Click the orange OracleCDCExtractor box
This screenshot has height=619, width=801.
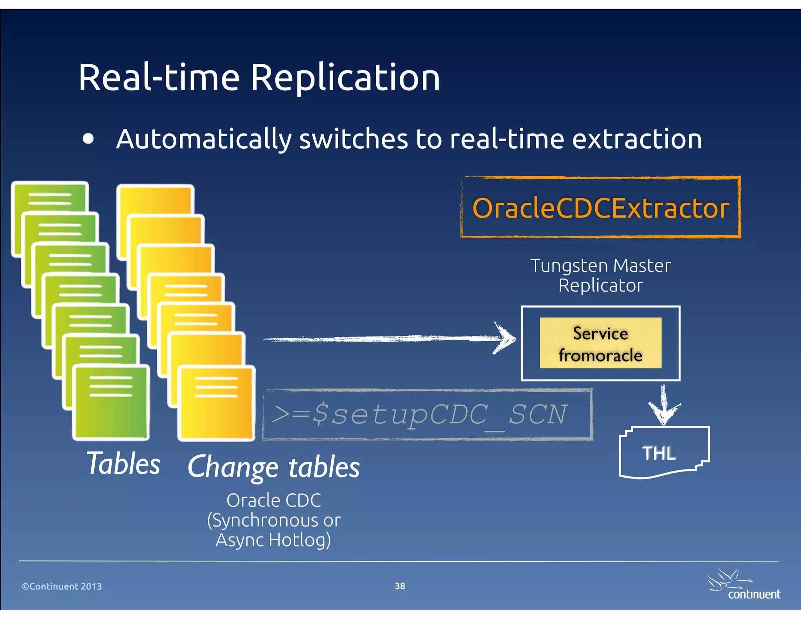[x=601, y=207]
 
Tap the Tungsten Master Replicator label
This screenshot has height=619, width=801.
[x=600, y=275]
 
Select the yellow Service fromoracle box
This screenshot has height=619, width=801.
[x=600, y=343]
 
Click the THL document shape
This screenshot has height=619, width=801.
[x=663, y=452]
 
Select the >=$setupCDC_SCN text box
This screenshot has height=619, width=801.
[x=427, y=415]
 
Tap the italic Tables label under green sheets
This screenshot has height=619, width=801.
[x=124, y=463]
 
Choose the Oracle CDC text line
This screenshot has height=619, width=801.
[x=273, y=500]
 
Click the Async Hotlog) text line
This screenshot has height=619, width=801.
[x=273, y=540]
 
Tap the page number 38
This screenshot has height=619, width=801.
[x=400, y=586]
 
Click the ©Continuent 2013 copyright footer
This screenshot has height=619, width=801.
[x=62, y=586]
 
